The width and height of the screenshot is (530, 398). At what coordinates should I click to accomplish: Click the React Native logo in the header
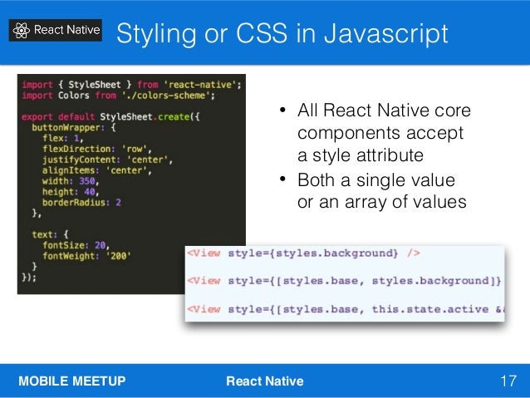pyautogui.click(x=56, y=31)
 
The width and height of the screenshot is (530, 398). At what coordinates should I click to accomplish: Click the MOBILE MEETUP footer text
pyautogui.click(x=72, y=381)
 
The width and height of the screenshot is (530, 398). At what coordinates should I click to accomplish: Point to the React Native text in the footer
pyautogui.click(x=265, y=381)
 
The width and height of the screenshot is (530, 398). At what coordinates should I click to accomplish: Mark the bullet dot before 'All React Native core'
pyautogui.click(x=282, y=111)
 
